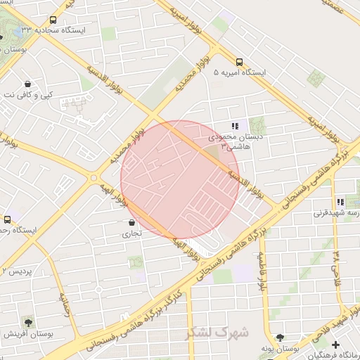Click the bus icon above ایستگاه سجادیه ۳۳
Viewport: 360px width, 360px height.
point(53,20)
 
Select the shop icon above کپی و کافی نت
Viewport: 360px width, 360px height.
point(27,82)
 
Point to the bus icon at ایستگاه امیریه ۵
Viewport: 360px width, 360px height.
point(240,61)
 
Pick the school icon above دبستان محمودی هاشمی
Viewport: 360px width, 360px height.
point(234,125)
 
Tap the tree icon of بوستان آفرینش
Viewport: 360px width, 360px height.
point(27,321)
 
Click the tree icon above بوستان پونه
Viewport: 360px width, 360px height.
point(281,338)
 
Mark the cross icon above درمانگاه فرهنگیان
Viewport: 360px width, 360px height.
point(337,345)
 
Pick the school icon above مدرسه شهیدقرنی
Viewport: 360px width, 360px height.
point(340,202)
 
